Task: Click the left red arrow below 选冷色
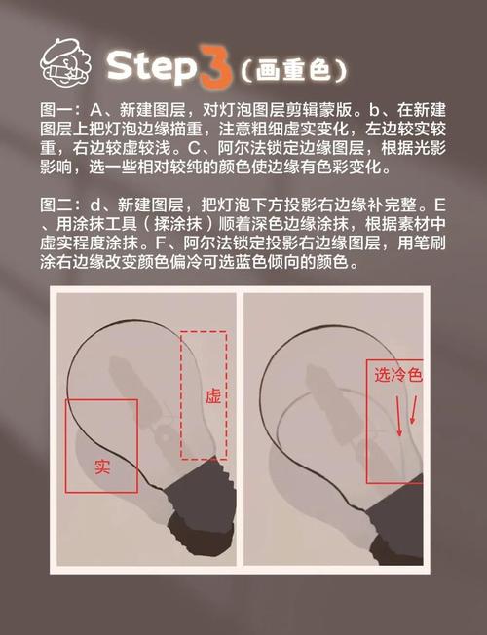pyautogui.click(x=398, y=416)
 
